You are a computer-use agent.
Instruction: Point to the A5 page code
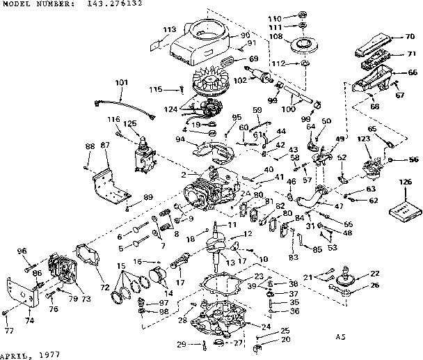(x=339, y=337)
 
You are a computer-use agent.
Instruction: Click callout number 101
(x=122, y=83)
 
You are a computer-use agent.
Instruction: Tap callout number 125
(x=130, y=123)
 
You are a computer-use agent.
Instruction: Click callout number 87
(x=105, y=144)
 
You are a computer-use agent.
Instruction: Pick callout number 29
(x=180, y=345)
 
